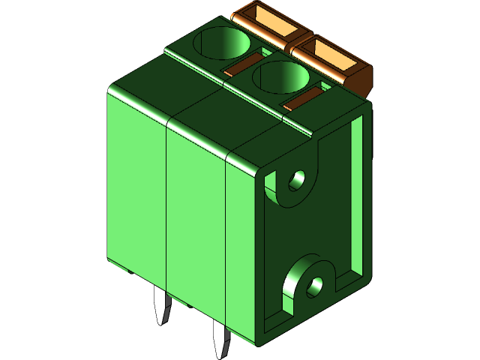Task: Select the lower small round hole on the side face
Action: pos(316,284)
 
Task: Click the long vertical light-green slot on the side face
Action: pos(358,195)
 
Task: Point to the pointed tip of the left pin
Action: pos(161,320)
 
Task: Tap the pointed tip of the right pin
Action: pos(221,353)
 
